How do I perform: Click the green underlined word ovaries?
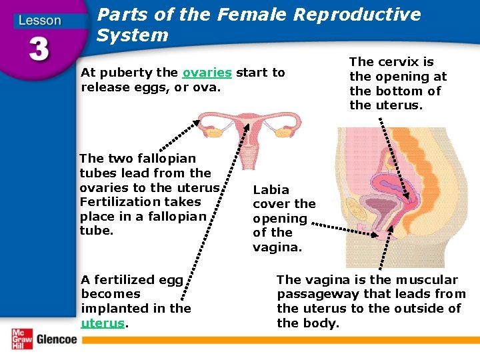[x=207, y=73]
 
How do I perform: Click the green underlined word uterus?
[x=103, y=323]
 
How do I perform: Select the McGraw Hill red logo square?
[x=21, y=339]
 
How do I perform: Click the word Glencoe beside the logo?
[x=57, y=339]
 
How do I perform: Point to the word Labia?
[x=271, y=189]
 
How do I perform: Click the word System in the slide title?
[x=132, y=35]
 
